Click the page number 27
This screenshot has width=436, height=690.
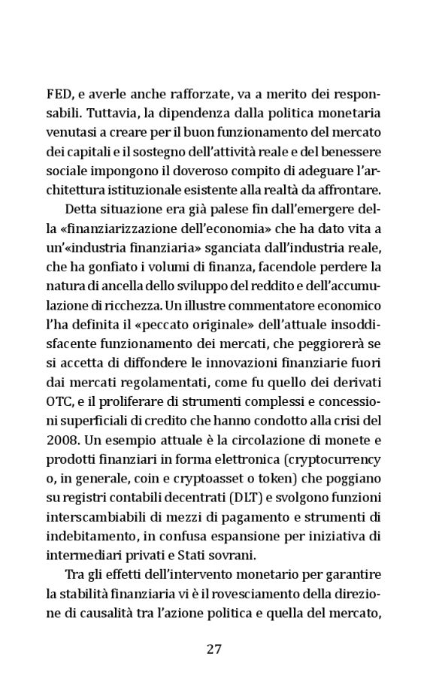click(x=214, y=649)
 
